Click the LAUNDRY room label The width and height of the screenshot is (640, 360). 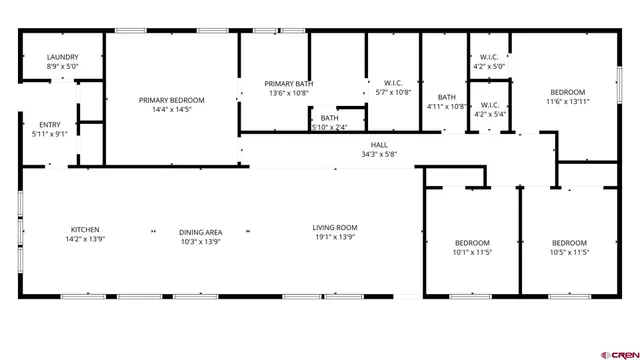pos(62,58)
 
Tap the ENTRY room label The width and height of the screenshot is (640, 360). pos(49,124)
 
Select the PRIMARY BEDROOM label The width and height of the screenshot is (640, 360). pos(172,100)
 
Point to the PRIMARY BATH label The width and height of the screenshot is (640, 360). pos(288,84)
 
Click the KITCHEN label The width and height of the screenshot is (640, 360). pos(85,229)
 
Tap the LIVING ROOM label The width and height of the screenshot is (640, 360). pos(334,228)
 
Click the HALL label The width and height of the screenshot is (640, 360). pos(379,145)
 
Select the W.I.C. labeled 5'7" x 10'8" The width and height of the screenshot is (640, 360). pos(392,84)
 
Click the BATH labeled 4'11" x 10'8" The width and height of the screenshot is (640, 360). pos(446,97)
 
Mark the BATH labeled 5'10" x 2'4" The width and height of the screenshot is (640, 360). pos(329,118)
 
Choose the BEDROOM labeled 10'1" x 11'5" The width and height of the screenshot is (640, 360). pos(472,243)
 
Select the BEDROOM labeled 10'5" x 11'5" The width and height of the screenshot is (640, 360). pos(569,243)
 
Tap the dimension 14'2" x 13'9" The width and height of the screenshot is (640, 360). pos(85,240)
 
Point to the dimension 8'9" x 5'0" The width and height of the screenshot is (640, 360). pos(62,67)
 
